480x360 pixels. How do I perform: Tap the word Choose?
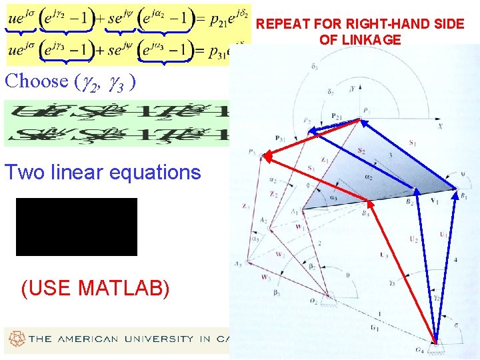point(37,81)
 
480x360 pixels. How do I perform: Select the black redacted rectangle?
point(76,227)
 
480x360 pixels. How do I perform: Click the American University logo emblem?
point(14,339)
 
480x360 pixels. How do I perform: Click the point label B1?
point(464,195)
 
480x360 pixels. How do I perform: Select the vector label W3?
point(266,276)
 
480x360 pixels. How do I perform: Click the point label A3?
point(237,264)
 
